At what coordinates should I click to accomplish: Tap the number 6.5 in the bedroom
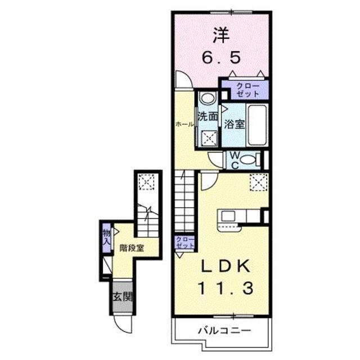(x=220, y=57)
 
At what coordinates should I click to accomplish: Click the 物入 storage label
(x=106, y=236)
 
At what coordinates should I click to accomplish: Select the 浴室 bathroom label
(x=235, y=123)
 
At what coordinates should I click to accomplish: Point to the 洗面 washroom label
(x=207, y=117)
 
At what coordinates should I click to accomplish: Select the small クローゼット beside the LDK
(x=184, y=243)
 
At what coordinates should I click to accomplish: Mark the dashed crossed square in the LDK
(x=258, y=181)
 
